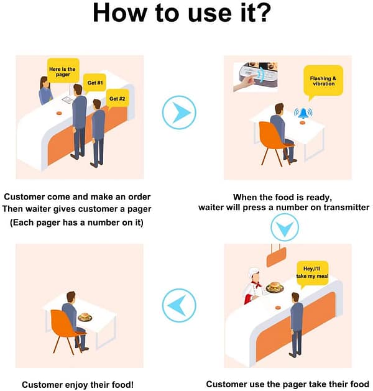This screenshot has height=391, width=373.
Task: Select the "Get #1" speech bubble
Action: click(x=95, y=83)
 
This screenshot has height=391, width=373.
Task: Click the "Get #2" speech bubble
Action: click(x=117, y=98)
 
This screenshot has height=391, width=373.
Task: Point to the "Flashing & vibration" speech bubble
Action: click(x=323, y=81)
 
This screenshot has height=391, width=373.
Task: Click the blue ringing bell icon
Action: click(x=303, y=113)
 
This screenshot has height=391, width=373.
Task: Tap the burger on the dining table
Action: click(x=85, y=316)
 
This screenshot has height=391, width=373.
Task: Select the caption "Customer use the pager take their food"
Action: click(x=287, y=385)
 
